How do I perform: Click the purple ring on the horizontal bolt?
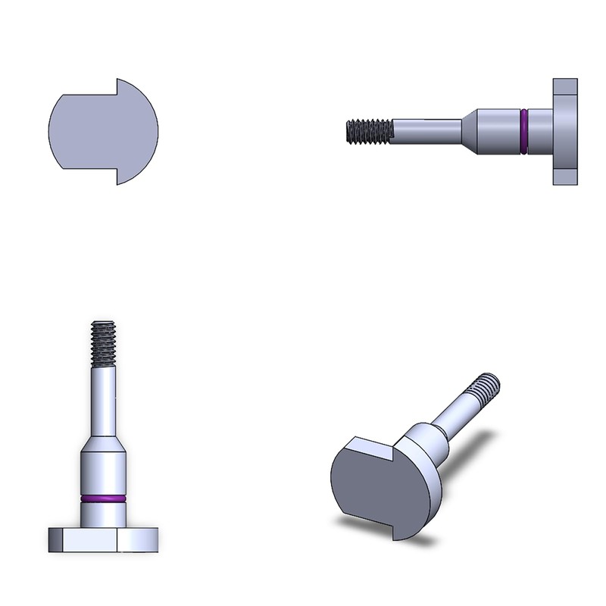pos(523,132)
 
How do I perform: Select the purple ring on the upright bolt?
pos(103,499)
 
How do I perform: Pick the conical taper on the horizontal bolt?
pos(469,132)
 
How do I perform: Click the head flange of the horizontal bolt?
pos(565,132)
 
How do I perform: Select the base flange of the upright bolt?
pos(103,539)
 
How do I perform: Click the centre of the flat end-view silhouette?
pos(102,130)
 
